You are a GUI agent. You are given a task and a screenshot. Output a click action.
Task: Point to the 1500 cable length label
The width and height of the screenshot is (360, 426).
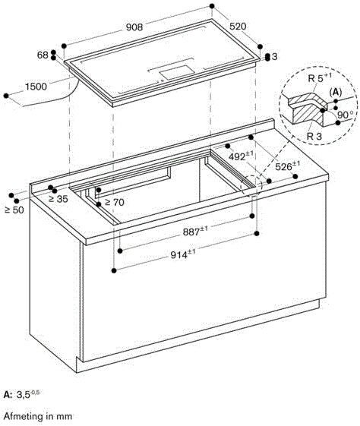(36, 87)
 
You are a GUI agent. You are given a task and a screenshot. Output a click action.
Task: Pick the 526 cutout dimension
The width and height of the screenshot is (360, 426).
(283, 166)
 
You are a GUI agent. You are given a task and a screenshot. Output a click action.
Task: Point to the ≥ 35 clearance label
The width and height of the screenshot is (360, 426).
(58, 199)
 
